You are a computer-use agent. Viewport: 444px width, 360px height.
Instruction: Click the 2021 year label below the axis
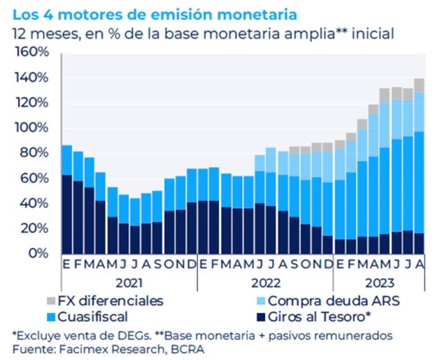coord(128,282)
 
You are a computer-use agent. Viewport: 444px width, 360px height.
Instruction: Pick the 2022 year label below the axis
coord(265,282)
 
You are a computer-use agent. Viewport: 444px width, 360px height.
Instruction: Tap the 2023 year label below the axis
coord(379,282)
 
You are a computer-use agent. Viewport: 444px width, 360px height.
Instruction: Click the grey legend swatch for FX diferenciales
coord(52,302)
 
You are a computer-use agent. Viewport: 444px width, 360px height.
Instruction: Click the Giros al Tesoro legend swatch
coord(259,317)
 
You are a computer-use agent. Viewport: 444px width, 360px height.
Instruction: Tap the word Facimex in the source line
coord(73,349)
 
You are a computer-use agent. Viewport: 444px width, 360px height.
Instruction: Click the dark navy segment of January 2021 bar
coord(67,214)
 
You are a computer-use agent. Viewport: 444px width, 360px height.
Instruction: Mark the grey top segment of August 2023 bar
coord(419,85)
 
